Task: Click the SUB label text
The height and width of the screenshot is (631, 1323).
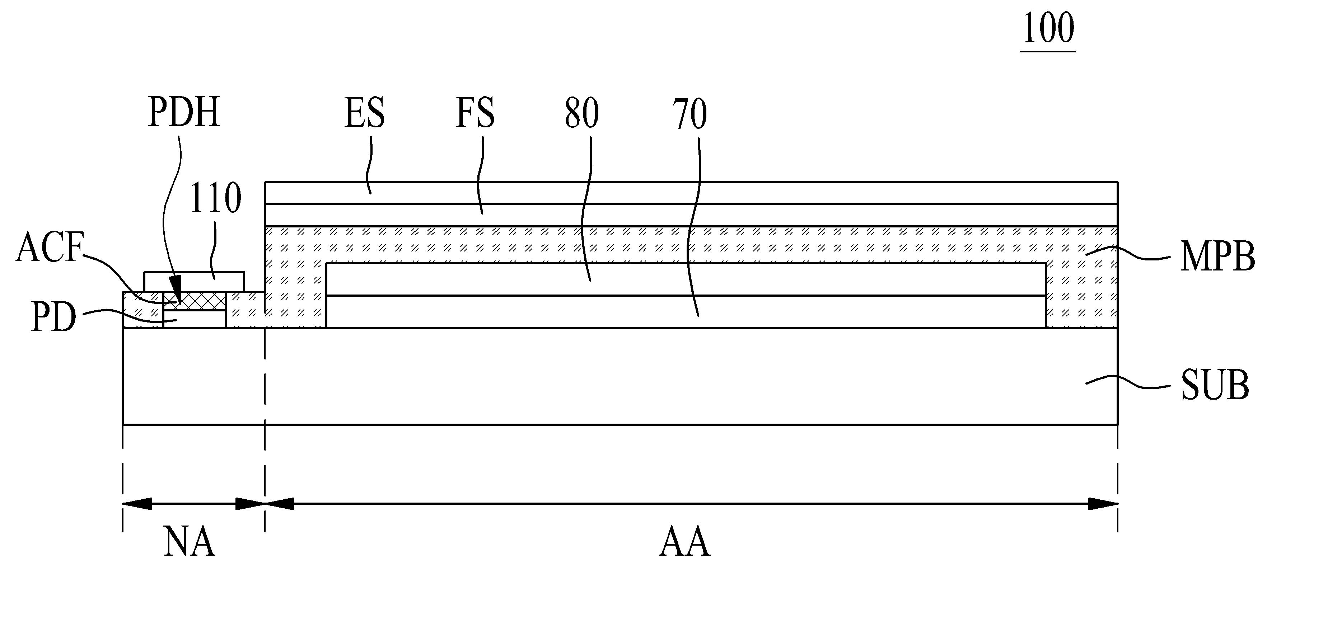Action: coord(1215,386)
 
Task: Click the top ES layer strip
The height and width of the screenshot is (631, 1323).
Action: coord(691,193)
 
